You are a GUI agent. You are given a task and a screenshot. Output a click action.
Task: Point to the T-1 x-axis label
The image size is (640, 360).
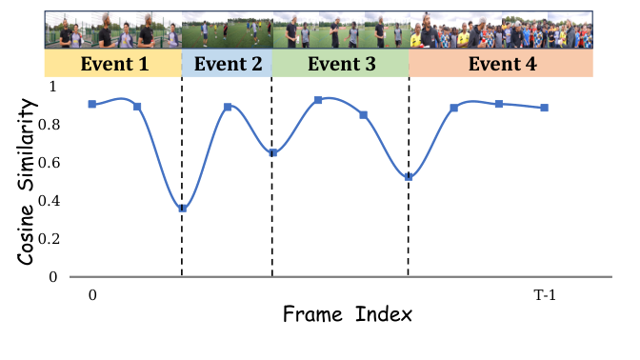[x=545, y=295]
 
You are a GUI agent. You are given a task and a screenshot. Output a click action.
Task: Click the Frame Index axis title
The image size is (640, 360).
[x=347, y=313]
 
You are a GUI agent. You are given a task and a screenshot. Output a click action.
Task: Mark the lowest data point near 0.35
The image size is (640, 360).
[x=182, y=208]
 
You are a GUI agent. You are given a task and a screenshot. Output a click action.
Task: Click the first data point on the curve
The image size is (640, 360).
[x=91, y=104]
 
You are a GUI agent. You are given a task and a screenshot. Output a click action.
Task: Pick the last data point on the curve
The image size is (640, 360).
[x=544, y=108]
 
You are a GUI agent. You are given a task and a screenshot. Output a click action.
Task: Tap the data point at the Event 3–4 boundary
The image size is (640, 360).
[x=409, y=176]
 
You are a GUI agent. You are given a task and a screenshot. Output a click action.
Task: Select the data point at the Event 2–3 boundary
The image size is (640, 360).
[x=272, y=152]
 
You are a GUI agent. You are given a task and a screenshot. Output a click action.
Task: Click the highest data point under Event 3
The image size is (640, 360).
[x=318, y=99]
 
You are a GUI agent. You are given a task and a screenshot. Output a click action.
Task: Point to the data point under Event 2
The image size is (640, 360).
[x=228, y=107]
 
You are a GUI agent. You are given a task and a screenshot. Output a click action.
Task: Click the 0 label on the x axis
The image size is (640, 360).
[x=91, y=295]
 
